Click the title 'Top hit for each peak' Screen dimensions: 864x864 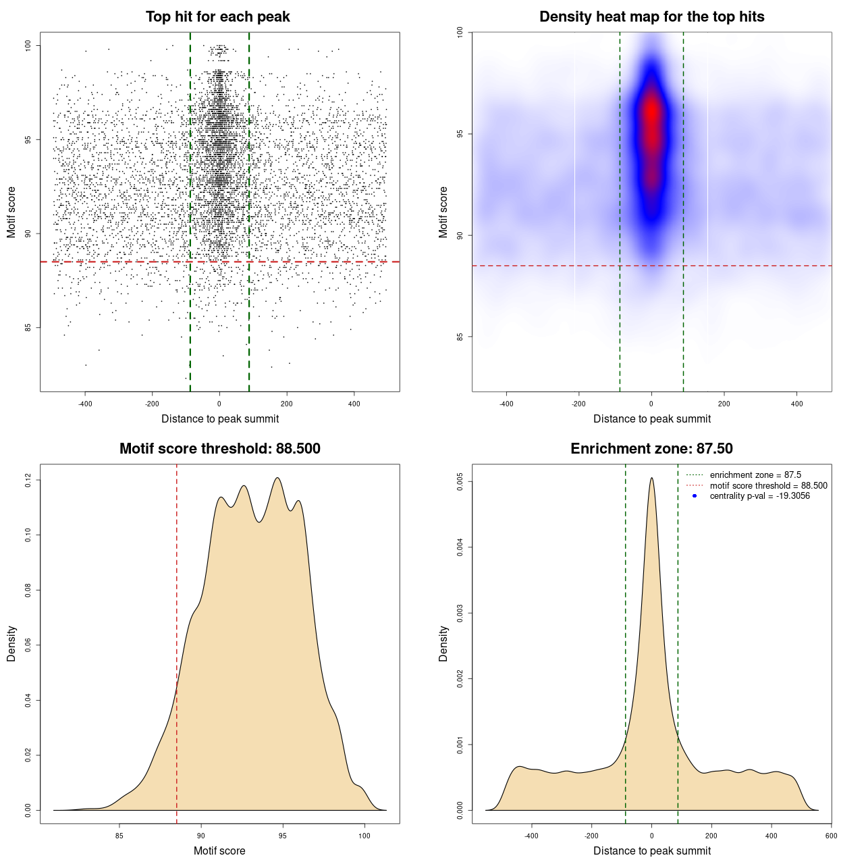click(x=217, y=17)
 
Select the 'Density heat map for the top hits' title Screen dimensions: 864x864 click(x=651, y=17)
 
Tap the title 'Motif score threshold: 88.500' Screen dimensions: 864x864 click(x=219, y=449)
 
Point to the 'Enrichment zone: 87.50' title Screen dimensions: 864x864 click(x=651, y=449)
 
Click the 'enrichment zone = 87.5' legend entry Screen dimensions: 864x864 click(x=755, y=475)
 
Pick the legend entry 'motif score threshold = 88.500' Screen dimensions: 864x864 click(x=768, y=485)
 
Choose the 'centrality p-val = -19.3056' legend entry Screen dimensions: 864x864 click(x=759, y=496)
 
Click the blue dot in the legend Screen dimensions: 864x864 click(x=695, y=496)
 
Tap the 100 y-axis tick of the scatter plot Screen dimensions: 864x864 click(x=28, y=45)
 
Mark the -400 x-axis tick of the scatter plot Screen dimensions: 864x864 click(x=85, y=404)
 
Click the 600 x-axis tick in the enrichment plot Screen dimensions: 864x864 click(x=831, y=836)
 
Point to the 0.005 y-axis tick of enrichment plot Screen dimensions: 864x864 click(x=460, y=481)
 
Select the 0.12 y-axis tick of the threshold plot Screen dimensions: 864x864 click(x=28, y=480)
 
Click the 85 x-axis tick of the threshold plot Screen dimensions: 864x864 click(x=119, y=836)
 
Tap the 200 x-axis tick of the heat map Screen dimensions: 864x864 click(x=724, y=404)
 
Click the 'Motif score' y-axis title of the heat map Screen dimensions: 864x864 click(x=443, y=212)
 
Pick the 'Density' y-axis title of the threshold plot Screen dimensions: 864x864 click(x=11, y=643)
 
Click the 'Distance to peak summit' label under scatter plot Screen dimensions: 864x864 click(x=220, y=419)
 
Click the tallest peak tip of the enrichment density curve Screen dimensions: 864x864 click(x=651, y=478)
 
